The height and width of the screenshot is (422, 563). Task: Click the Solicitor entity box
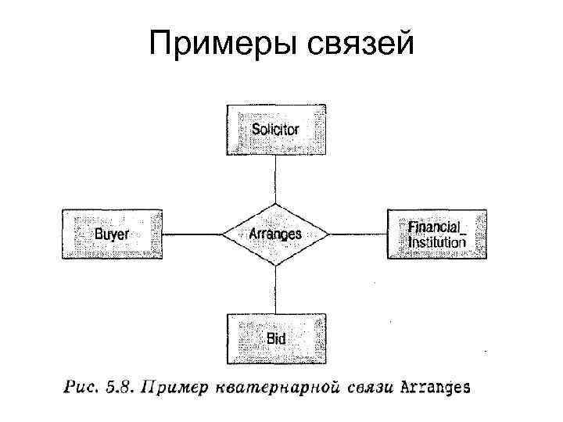pos(275,130)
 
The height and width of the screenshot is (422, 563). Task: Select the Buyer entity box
pos(112,234)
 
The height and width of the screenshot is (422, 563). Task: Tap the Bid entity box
pos(275,338)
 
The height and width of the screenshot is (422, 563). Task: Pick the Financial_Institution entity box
pos(437,234)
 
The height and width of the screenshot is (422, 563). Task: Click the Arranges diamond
pos(274,234)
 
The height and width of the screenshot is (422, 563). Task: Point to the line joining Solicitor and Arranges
pos(274,179)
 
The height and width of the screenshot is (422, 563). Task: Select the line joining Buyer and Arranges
pos(192,234)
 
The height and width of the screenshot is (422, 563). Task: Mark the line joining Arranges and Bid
pos(274,289)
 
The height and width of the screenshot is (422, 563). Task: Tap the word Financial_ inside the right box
pos(436,226)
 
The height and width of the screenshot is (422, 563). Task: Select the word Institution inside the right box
pos(436,242)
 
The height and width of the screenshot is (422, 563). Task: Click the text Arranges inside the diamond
pos(274,234)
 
